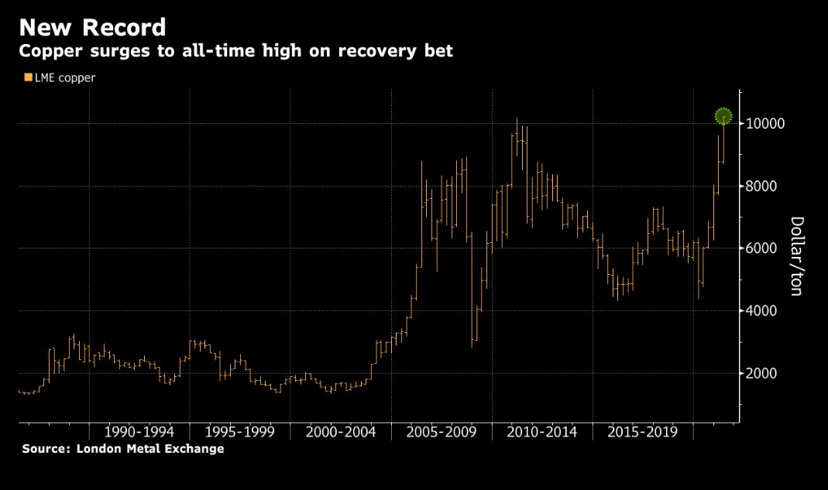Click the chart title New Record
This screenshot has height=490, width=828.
tap(92, 28)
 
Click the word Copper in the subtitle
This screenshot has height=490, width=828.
tap(47, 53)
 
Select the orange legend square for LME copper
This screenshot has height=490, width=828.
tap(28, 77)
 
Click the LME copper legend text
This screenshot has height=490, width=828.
tap(65, 77)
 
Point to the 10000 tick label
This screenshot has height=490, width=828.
tap(765, 124)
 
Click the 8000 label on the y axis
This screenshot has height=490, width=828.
tap(763, 187)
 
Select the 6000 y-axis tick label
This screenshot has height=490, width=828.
tap(763, 248)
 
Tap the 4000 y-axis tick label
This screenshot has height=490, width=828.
tap(763, 311)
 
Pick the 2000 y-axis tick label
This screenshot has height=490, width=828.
tap(763, 374)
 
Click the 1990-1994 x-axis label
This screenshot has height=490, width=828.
tap(139, 431)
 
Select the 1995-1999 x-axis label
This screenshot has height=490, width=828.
tap(240, 431)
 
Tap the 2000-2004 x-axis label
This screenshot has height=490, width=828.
tap(341, 431)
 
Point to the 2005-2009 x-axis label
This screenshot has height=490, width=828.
tap(441, 431)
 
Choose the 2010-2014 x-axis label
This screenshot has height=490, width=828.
tap(542, 431)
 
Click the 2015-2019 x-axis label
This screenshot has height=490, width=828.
tap(643, 431)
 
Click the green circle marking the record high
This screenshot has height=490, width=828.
tap(723, 116)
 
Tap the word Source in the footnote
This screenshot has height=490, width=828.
tap(43, 449)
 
